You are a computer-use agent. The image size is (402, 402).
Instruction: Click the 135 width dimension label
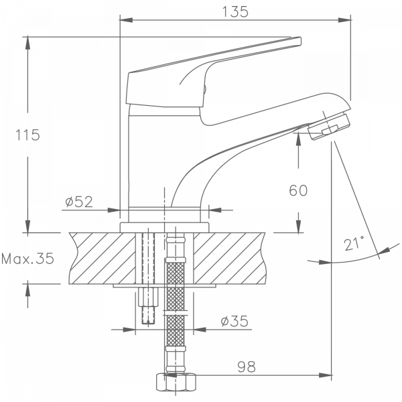click(x=235, y=11)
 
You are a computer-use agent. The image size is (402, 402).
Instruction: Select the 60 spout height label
click(x=298, y=190)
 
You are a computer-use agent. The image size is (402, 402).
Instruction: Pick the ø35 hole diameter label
click(x=234, y=322)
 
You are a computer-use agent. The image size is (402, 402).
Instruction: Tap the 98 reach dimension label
click(x=245, y=366)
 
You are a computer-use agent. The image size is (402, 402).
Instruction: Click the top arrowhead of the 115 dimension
click(x=27, y=42)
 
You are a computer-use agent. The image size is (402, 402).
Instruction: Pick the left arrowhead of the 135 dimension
click(x=123, y=20)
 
